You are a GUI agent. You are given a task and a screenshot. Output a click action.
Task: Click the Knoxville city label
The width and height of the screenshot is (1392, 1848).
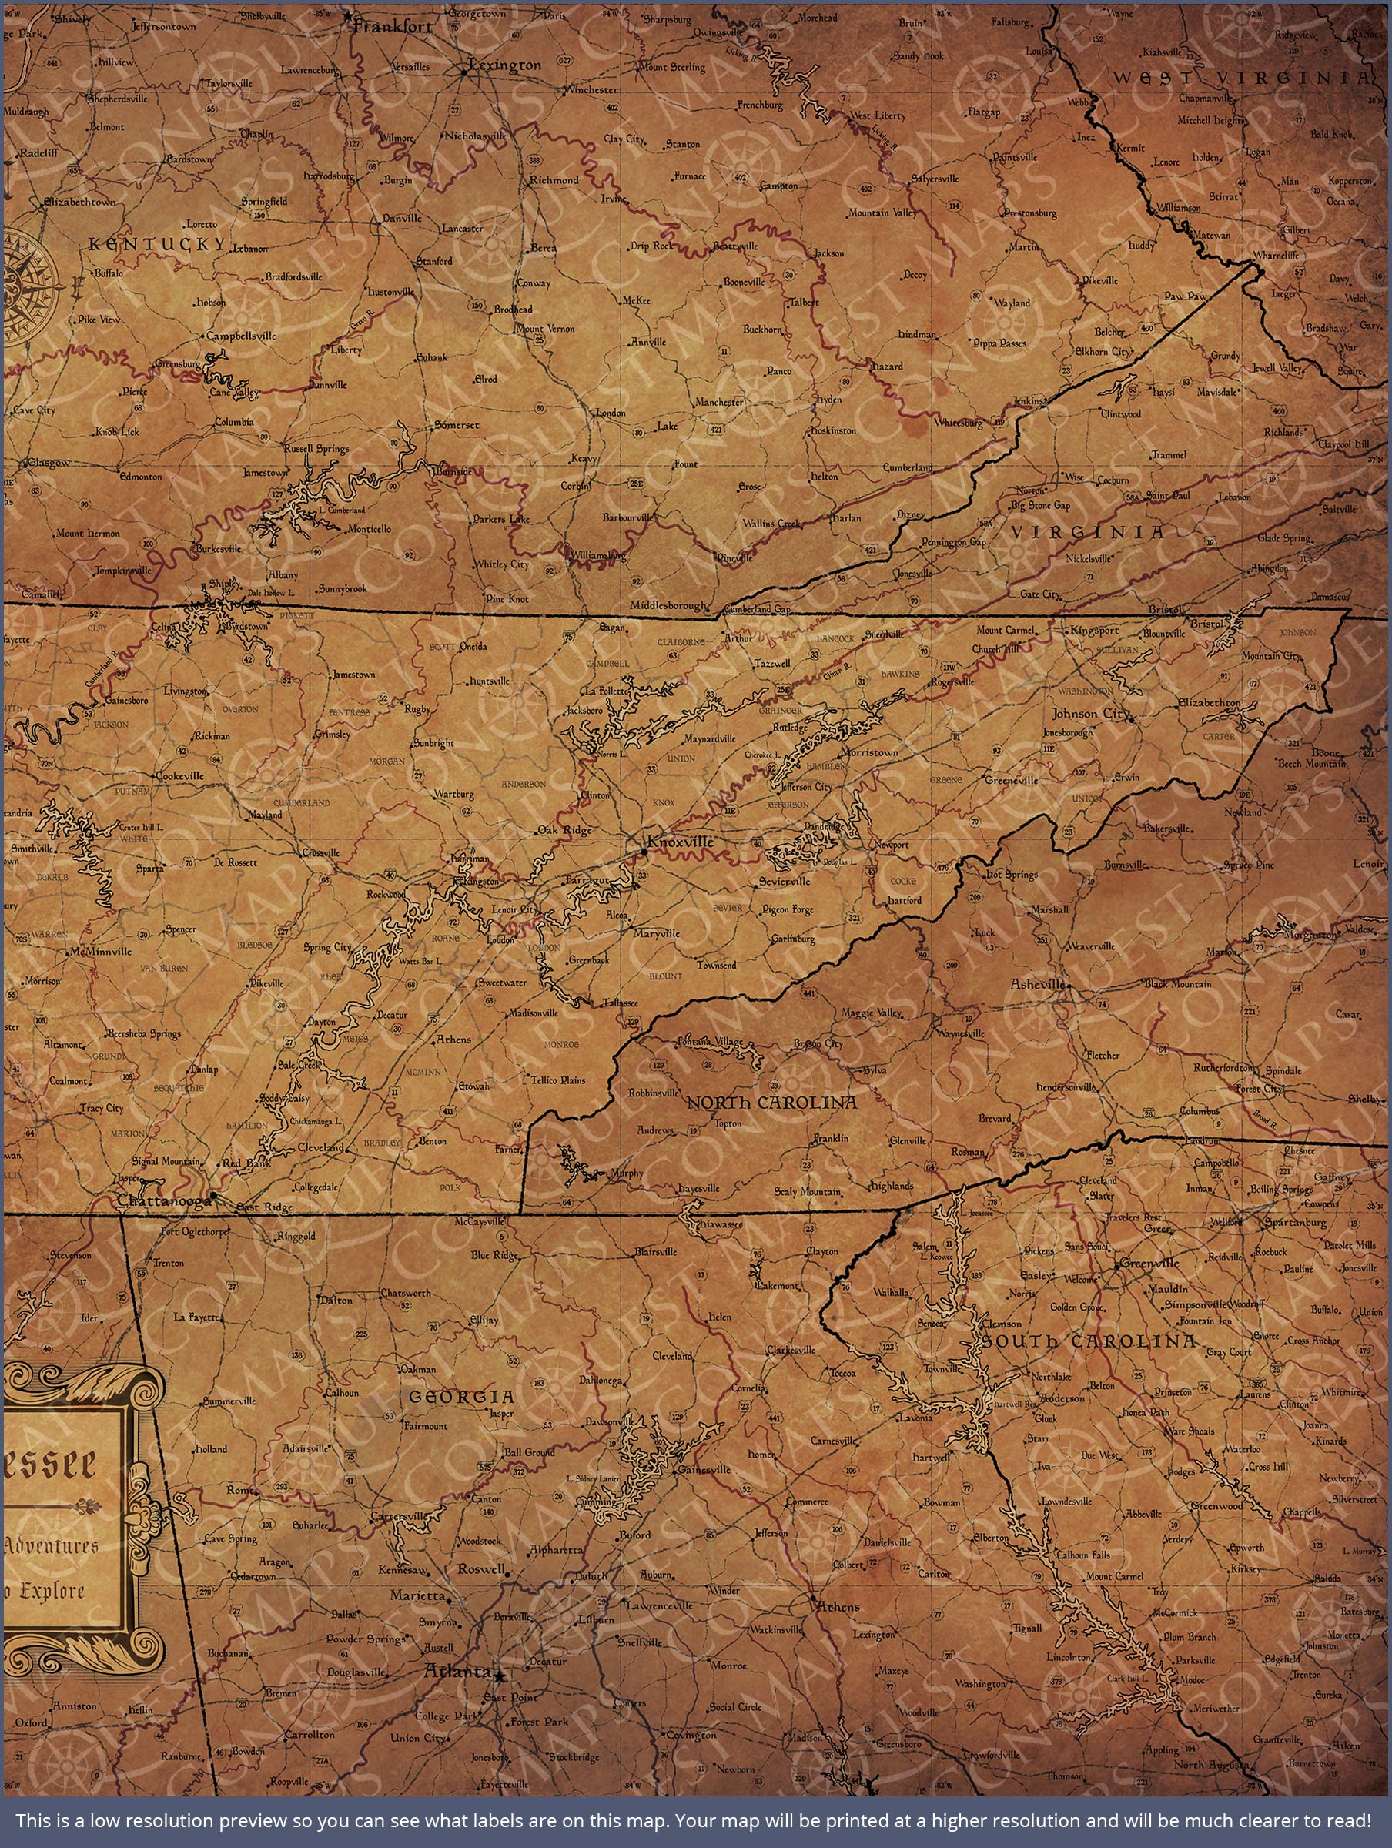(x=681, y=842)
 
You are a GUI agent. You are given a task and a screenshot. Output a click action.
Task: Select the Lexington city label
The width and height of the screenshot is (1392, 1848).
(x=506, y=65)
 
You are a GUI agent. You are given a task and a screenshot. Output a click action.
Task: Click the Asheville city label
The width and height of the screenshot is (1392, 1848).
(x=1038, y=984)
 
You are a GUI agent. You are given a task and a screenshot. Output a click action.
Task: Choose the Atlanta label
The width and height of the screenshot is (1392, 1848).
(x=457, y=1672)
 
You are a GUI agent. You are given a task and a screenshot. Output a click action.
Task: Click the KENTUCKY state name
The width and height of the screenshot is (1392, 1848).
(x=157, y=244)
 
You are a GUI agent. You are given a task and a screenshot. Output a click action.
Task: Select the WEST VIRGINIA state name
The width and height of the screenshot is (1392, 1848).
(x=1243, y=79)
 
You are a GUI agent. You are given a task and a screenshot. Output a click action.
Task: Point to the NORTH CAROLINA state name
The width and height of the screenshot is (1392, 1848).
(x=771, y=1103)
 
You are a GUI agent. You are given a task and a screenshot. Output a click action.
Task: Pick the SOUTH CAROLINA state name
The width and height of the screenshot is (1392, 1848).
(x=1089, y=1341)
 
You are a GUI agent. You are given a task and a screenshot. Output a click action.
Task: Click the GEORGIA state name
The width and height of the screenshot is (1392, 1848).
(x=461, y=1397)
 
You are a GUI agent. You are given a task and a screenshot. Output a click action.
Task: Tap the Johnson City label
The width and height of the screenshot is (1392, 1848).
(x=1089, y=714)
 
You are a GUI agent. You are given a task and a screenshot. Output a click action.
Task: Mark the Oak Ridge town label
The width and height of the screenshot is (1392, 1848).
(x=564, y=829)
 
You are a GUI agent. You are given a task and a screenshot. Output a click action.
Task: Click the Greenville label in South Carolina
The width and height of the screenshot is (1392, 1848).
(x=1149, y=1264)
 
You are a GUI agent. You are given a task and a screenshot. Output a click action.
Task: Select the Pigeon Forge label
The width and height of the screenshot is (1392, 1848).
(x=788, y=909)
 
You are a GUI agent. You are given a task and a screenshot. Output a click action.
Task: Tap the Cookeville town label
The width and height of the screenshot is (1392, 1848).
(x=180, y=775)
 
